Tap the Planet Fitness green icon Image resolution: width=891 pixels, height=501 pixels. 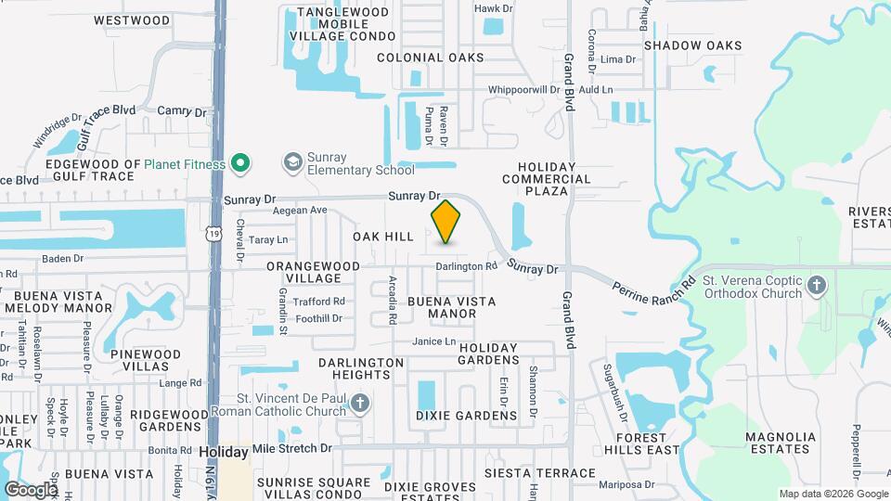[x=241, y=164]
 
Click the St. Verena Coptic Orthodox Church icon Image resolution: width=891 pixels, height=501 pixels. [x=817, y=285]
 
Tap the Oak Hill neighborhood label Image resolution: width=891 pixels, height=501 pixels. [x=382, y=238]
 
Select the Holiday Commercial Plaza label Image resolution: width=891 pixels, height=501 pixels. [x=547, y=179]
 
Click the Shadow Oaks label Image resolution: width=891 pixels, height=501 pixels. [x=692, y=45]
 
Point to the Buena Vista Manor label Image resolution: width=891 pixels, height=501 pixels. [x=451, y=308]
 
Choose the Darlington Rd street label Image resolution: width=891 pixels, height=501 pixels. [x=468, y=266]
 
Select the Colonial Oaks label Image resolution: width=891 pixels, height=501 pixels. [x=430, y=58]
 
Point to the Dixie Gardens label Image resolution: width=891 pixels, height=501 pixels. [x=466, y=416]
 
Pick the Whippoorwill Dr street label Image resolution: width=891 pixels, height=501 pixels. [x=524, y=90]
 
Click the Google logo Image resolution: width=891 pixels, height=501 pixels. [x=30, y=489]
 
